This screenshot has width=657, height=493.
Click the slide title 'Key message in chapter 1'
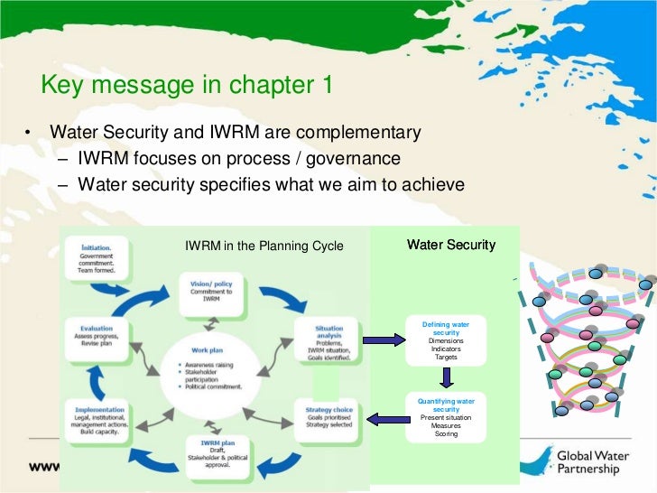pos(188,86)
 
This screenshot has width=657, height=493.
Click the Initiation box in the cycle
pos(102,259)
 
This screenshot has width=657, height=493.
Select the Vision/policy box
pos(212,291)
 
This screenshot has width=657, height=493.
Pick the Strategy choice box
pos(328,418)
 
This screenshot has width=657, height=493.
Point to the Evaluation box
pos(101,337)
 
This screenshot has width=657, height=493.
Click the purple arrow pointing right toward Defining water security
pos(383,340)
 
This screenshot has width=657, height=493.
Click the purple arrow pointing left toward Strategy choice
pos(382,418)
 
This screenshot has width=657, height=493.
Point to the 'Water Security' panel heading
pos(450,245)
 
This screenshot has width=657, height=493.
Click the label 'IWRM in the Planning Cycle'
pos(264,246)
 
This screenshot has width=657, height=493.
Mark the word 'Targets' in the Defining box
pos(446,357)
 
